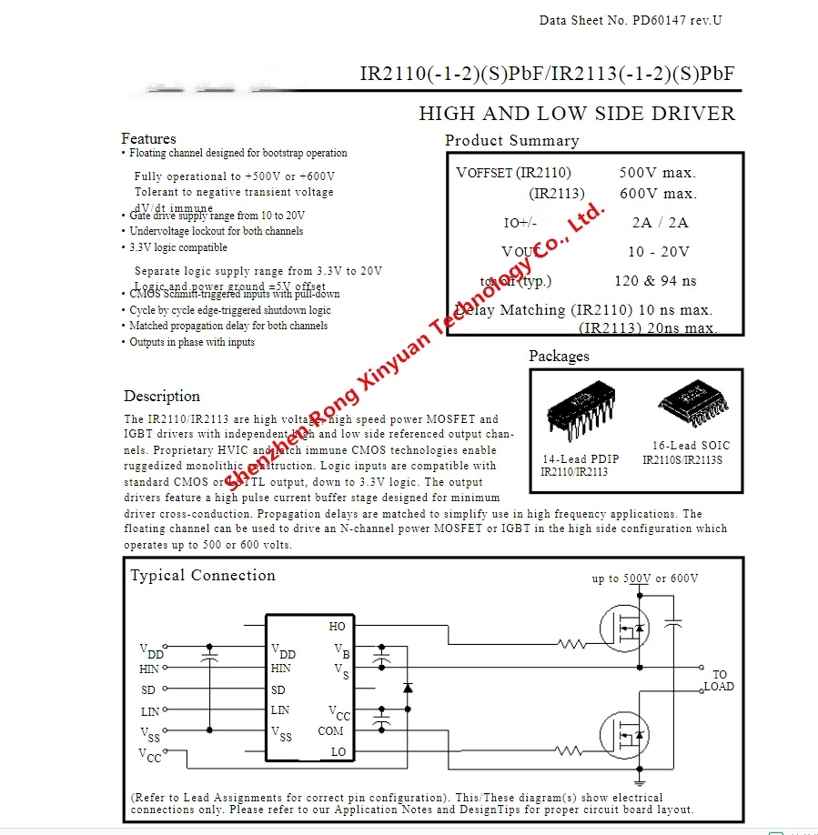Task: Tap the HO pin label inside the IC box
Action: coord(337,627)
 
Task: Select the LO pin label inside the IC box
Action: coord(338,752)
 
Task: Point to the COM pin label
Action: coord(331,731)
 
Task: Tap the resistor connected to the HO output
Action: coord(571,645)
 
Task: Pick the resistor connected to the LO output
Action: coord(569,751)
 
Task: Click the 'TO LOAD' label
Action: coord(719,681)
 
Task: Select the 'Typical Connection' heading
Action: coord(202,576)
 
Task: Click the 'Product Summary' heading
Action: coord(511,141)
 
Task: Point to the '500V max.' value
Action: coord(657,173)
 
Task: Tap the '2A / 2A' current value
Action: coord(660,223)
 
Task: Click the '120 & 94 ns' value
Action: coord(655,281)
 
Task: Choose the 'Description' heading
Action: coord(162,397)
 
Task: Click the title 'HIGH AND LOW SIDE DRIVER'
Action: coord(576,114)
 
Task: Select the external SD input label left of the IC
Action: coord(148,690)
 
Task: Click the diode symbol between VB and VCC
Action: coord(408,688)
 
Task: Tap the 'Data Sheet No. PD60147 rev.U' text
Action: coord(631,20)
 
